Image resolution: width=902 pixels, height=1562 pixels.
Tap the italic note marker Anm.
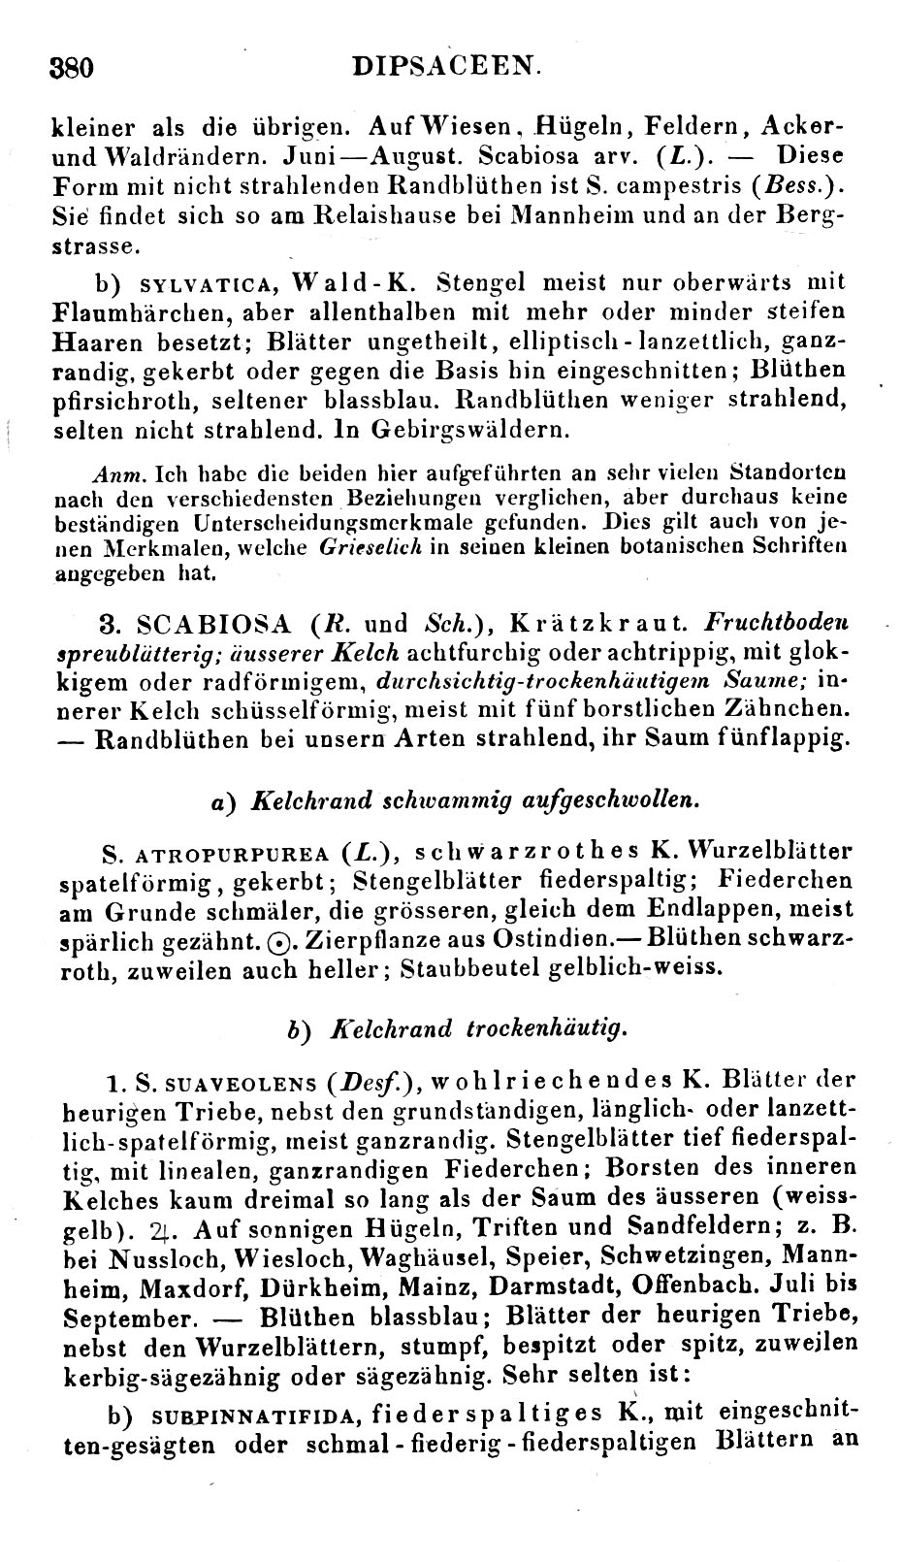120,475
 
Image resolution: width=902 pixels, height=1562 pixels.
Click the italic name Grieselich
370,547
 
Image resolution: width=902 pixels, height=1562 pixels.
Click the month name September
122,1318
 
